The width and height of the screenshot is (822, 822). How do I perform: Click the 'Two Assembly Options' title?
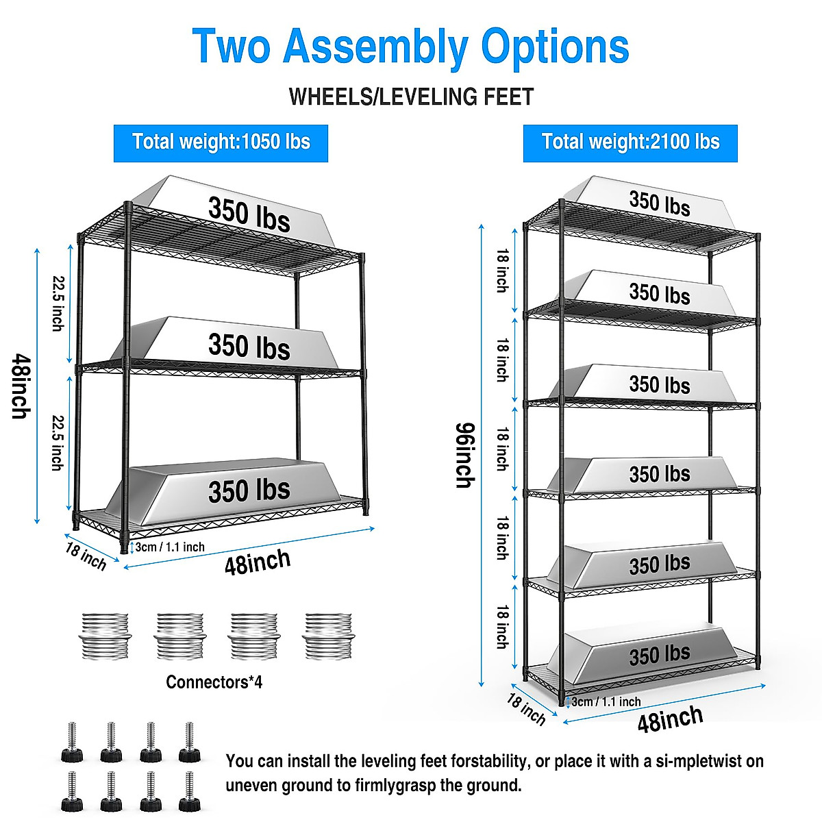[x=411, y=47]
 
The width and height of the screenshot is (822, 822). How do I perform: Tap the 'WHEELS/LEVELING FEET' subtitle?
[x=411, y=97]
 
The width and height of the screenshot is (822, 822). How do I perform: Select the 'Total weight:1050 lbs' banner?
[x=221, y=142]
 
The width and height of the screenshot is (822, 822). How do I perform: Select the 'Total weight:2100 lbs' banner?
[x=630, y=142]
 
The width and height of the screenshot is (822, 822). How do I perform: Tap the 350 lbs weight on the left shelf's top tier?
[x=249, y=213]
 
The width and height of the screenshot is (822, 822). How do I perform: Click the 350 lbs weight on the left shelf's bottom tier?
[x=249, y=490]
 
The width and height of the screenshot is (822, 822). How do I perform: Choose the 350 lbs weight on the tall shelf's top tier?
[x=660, y=203]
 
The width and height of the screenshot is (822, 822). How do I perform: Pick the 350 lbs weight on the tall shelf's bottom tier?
[x=660, y=655]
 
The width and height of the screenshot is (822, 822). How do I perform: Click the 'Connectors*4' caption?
[x=214, y=682]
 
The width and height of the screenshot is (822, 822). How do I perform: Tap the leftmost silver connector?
[x=105, y=636]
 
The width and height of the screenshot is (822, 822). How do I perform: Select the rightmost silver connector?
[x=328, y=636]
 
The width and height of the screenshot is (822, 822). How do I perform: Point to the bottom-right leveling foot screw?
[x=188, y=791]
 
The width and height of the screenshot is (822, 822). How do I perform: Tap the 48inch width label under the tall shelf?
[x=670, y=719]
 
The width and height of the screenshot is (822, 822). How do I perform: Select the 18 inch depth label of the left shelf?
[x=86, y=556]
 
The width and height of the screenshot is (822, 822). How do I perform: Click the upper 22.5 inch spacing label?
[x=58, y=303]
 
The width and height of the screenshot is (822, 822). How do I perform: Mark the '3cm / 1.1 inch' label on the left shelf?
[x=170, y=547]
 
